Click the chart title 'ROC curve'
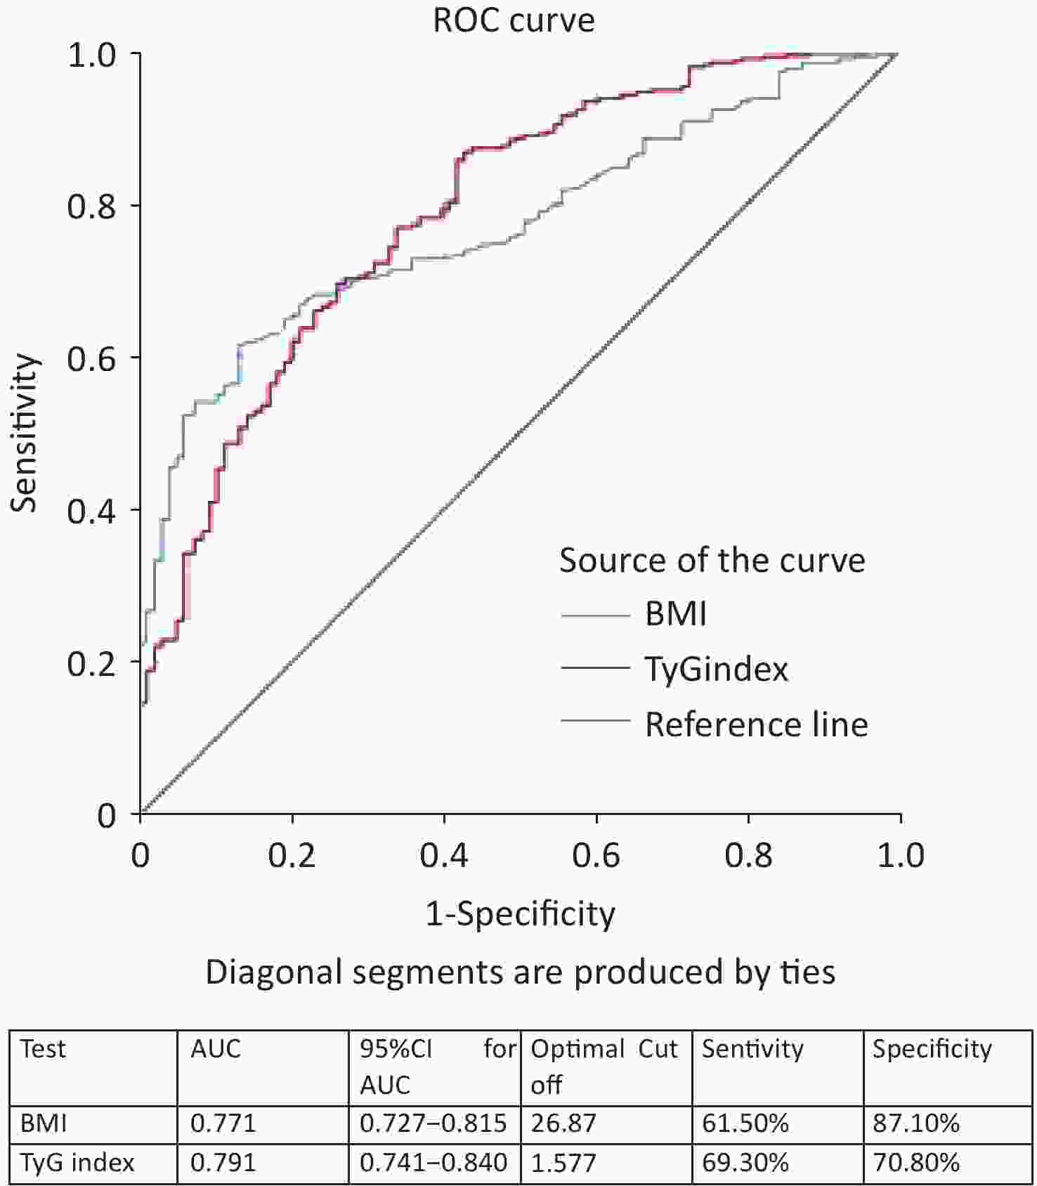click(514, 20)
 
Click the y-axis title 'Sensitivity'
click(25, 433)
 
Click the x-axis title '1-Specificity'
click(521, 914)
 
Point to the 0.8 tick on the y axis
click(91, 207)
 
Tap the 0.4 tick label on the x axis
click(444, 856)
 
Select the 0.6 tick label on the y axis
click(91, 359)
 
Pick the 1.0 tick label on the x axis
click(901, 856)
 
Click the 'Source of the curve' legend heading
click(712, 560)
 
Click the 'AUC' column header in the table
click(216, 1049)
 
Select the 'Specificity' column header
click(932, 1049)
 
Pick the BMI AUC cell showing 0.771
click(223, 1123)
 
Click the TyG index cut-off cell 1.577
click(563, 1163)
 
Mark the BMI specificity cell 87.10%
click(916, 1123)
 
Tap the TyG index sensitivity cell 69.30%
click(745, 1163)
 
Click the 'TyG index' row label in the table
click(77, 1163)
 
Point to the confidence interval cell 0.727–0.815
click(433, 1123)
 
